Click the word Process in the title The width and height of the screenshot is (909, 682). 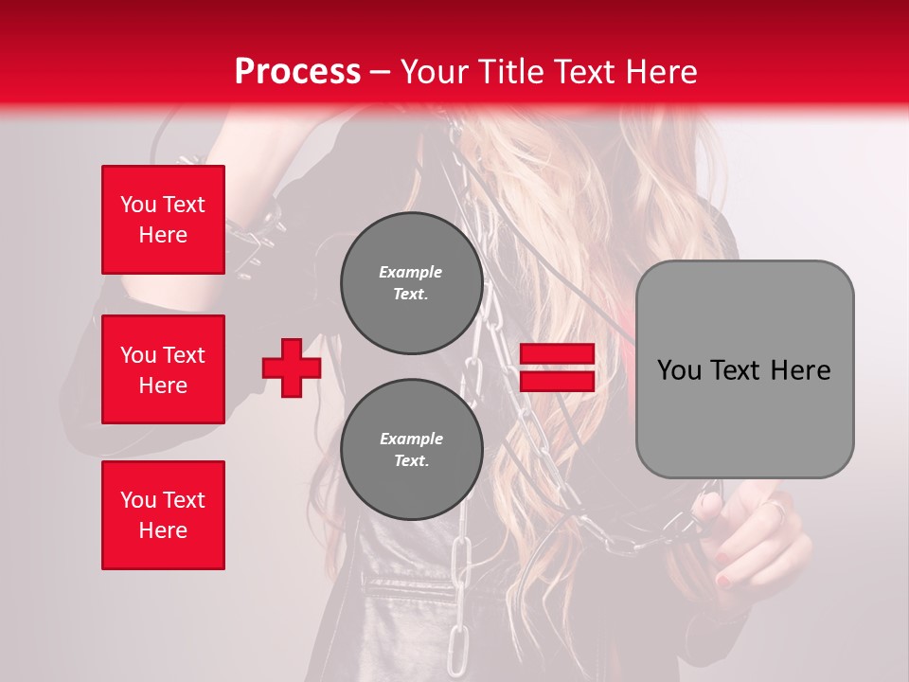click(297, 72)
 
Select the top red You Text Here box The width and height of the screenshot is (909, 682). click(163, 220)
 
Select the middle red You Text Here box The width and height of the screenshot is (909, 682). click(163, 369)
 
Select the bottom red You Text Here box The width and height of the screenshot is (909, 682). click(163, 515)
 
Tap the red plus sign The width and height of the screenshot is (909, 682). click(292, 368)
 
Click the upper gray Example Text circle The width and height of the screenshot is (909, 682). click(411, 282)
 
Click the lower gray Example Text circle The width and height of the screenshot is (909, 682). click(411, 449)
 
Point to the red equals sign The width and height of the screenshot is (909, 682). click(557, 368)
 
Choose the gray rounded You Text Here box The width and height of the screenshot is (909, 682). click(744, 369)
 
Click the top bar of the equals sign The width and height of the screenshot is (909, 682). click(557, 354)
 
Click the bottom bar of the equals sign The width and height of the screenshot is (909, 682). click(557, 381)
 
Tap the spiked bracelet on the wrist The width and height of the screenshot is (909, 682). click(254, 227)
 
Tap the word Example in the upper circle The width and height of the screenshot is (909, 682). click(411, 272)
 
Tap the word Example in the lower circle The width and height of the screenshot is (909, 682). click(411, 439)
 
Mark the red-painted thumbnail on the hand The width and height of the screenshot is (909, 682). click(723, 579)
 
